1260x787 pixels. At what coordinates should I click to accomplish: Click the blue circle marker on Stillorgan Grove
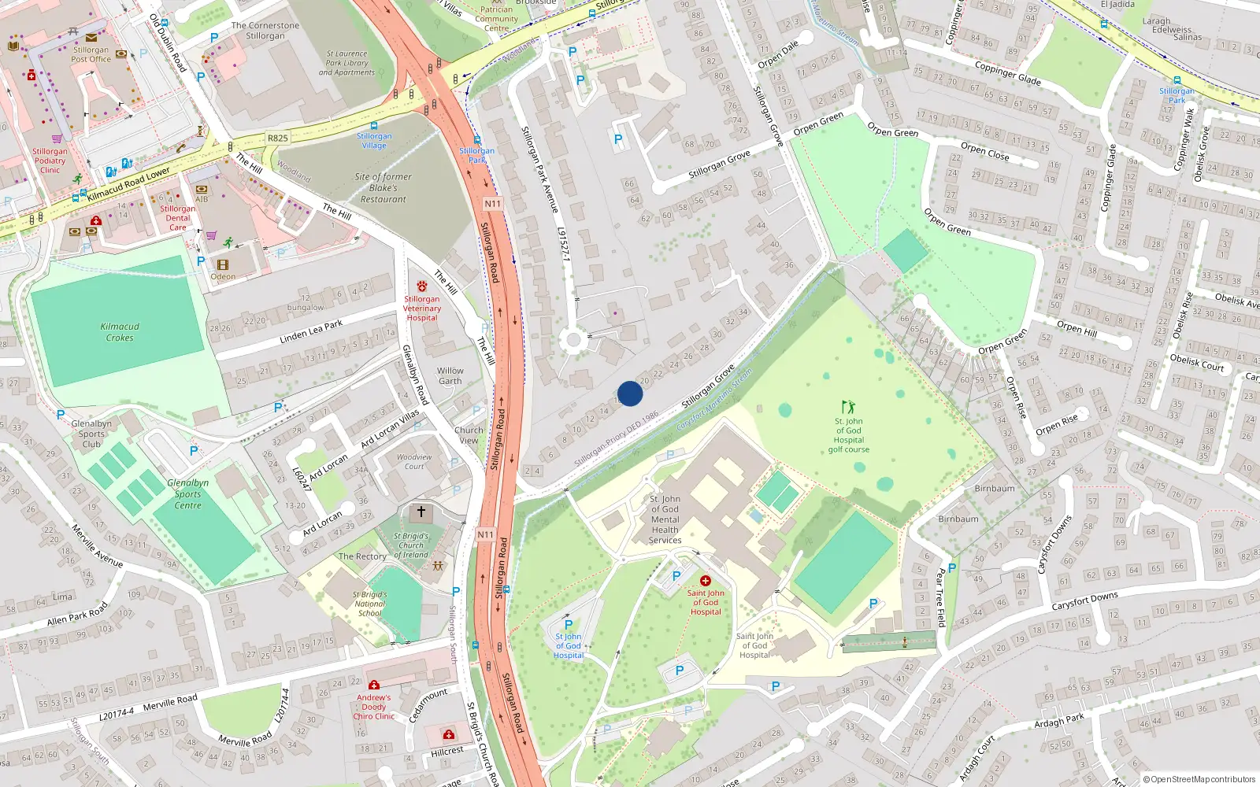pyautogui.click(x=630, y=393)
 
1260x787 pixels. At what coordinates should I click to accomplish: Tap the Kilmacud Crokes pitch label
pyautogui.click(x=120, y=332)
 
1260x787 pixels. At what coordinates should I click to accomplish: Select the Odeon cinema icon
pyautogui.click(x=223, y=265)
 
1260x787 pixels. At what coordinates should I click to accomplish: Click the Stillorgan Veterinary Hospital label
pyautogui.click(x=422, y=309)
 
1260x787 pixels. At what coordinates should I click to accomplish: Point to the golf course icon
pyautogui.click(x=848, y=407)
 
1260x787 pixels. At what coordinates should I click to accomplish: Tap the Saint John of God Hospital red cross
pyautogui.click(x=706, y=581)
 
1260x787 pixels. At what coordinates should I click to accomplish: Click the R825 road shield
pyautogui.click(x=277, y=138)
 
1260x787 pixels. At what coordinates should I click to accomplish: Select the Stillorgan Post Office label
pyautogui.click(x=91, y=54)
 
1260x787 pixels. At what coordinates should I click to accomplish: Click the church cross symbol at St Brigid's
pyautogui.click(x=421, y=512)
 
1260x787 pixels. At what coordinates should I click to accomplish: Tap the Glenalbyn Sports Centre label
pyautogui.click(x=187, y=494)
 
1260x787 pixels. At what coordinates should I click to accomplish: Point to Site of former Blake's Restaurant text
pyautogui.click(x=383, y=188)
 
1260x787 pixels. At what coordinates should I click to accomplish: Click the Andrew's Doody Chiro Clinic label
pyautogui.click(x=373, y=707)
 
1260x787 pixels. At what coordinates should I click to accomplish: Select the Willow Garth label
pyautogui.click(x=450, y=375)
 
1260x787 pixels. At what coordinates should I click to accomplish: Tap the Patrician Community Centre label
pyautogui.click(x=496, y=19)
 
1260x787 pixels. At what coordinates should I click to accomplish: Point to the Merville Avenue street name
pyautogui.click(x=97, y=545)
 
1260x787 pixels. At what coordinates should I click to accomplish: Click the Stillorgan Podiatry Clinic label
pyautogui.click(x=50, y=161)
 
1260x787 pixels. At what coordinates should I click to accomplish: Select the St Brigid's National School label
pyautogui.click(x=369, y=604)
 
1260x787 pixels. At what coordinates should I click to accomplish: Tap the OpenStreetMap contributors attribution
pyautogui.click(x=1199, y=779)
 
